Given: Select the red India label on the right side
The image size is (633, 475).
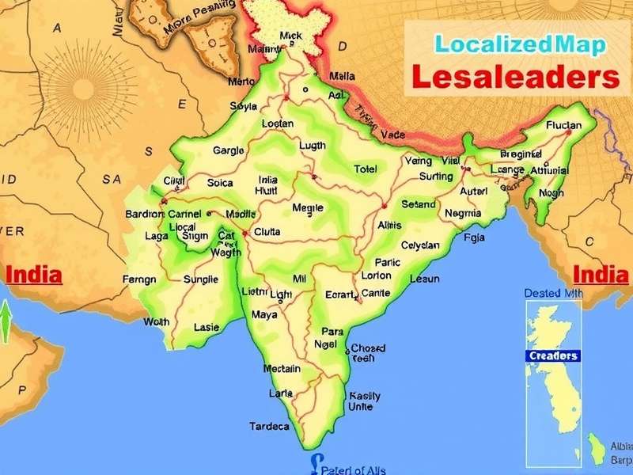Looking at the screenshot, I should [601, 275].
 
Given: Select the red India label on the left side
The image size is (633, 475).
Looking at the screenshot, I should [34, 275].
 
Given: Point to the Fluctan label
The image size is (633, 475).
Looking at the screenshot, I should [563, 125].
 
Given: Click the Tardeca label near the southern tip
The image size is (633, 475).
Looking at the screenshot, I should [270, 426].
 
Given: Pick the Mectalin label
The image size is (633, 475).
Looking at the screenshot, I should [282, 368].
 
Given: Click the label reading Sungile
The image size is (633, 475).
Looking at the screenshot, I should [200, 279].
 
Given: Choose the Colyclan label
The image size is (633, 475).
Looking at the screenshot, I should [420, 245].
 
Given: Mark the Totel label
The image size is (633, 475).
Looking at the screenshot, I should [365, 169].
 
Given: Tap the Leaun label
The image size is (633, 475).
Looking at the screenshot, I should [425, 279].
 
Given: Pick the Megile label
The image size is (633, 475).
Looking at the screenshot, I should [308, 207].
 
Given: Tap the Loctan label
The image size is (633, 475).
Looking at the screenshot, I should [277, 123].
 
